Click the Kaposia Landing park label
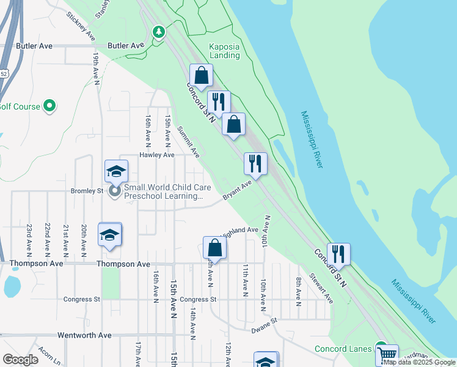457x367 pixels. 224,50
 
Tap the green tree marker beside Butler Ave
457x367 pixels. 159,31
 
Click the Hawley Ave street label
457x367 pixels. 158,155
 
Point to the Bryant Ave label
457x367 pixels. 238,190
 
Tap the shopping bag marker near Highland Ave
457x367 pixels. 214,248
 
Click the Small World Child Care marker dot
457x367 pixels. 115,192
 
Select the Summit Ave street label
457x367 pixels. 188,142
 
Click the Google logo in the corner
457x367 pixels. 21,360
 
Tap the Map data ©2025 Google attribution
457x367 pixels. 419,363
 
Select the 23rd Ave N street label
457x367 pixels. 29,239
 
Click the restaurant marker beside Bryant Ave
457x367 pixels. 255,163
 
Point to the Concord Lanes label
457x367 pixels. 343,349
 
